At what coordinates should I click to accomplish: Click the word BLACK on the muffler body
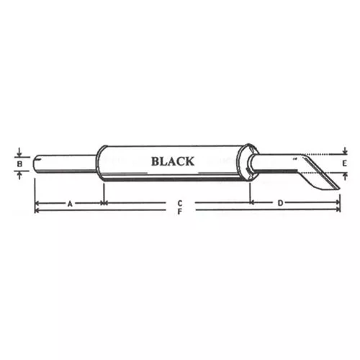point(173,161)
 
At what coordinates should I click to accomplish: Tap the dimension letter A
point(70,204)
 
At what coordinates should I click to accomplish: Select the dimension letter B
point(19,164)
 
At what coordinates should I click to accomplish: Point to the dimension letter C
point(180,204)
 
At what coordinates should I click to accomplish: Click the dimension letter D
point(280,203)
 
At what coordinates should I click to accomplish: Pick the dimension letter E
point(345,163)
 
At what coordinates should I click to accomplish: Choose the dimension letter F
point(180,212)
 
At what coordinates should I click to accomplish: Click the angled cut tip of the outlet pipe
point(339,189)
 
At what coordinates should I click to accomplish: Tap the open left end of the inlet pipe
point(35,164)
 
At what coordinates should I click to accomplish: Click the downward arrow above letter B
point(19,152)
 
